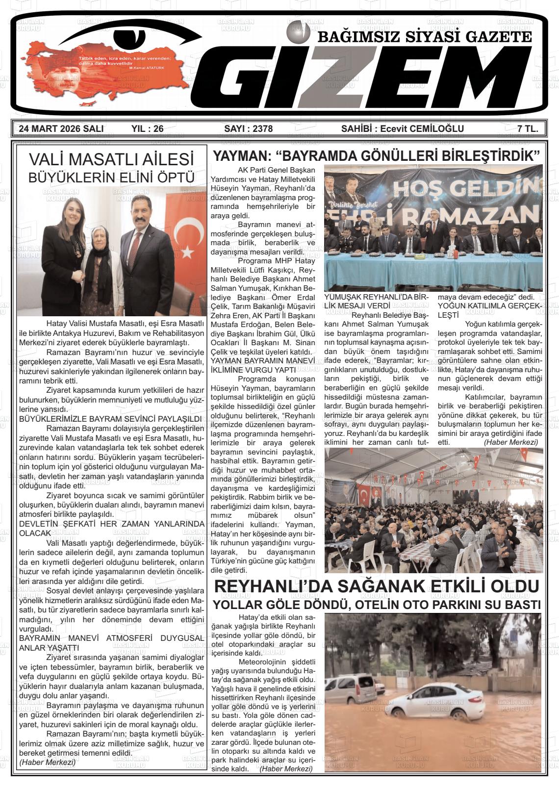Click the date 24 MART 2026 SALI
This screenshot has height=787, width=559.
[x=61, y=129]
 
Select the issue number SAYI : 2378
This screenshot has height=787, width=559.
[x=248, y=129]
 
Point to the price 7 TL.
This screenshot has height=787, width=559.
[x=528, y=129]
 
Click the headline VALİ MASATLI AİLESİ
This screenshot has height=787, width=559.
[x=111, y=159]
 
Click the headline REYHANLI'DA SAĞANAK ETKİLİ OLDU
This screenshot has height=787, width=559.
[x=377, y=586]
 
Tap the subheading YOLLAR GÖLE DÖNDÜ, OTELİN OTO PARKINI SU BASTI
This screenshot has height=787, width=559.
[x=377, y=605]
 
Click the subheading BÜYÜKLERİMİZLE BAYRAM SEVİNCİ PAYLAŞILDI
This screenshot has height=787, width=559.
[x=110, y=419]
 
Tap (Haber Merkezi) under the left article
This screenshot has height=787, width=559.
[x=47, y=762]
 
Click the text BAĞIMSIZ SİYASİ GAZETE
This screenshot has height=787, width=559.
[x=425, y=37]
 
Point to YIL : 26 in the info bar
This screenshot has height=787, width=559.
[x=147, y=129]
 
